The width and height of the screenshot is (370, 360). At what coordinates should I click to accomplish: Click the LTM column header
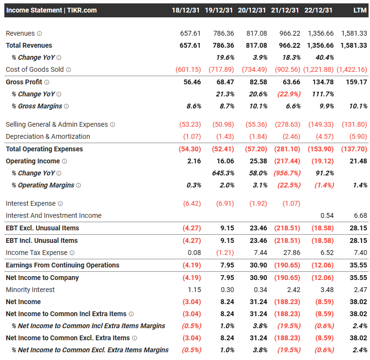coord(360,10)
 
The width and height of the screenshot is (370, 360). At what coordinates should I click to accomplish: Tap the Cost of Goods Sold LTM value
coord(352,69)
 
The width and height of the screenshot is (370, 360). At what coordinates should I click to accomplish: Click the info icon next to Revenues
coord(40,34)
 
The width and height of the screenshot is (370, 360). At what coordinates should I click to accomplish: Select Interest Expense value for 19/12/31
coord(221,203)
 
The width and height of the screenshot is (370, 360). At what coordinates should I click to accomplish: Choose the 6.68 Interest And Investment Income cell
coord(360,215)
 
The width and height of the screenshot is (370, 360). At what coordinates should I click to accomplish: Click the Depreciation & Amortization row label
coord(48,136)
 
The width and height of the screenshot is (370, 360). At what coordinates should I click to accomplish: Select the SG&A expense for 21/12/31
coord(288,124)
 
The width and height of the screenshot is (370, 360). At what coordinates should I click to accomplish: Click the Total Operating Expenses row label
coord(44,149)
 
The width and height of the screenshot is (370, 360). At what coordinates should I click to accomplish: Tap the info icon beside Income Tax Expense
coord(72,253)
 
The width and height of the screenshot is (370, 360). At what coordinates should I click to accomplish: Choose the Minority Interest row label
coord(30,290)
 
